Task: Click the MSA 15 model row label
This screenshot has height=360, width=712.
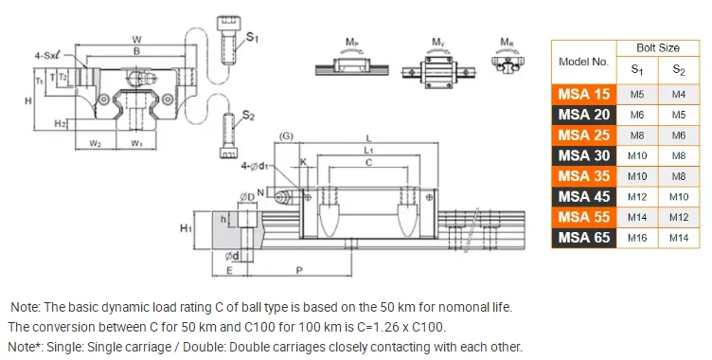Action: (x=584, y=95)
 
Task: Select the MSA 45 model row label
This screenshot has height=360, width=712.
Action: (x=584, y=197)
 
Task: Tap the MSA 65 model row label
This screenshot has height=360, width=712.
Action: (x=584, y=238)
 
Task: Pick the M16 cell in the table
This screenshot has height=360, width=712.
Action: (x=637, y=238)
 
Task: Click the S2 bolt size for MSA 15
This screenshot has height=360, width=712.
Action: (x=679, y=95)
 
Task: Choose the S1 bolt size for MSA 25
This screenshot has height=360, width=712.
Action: (x=637, y=135)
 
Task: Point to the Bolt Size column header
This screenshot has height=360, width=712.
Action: (x=658, y=47)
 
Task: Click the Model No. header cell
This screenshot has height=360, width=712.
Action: (x=583, y=62)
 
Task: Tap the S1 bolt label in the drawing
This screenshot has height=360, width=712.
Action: (x=252, y=37)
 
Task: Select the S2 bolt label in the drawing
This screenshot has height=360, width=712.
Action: (x=248, y=116)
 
